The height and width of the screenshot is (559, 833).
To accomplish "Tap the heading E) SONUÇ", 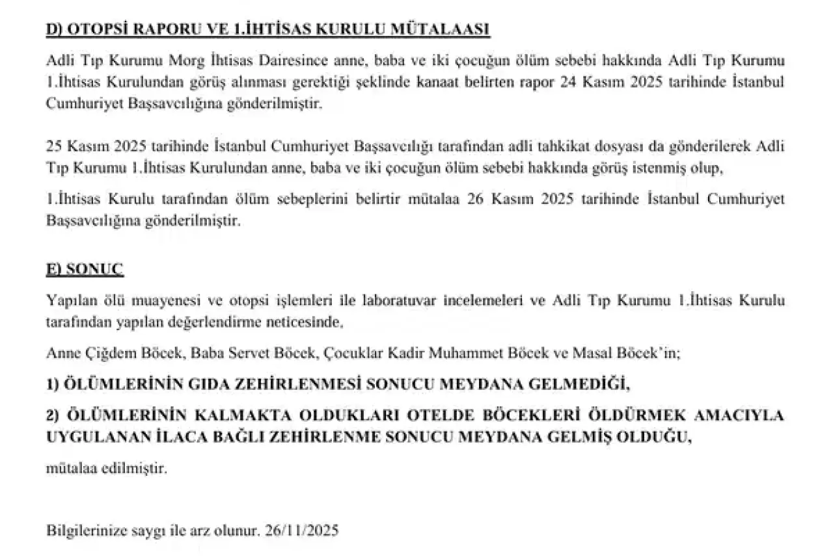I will click(85, 269).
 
